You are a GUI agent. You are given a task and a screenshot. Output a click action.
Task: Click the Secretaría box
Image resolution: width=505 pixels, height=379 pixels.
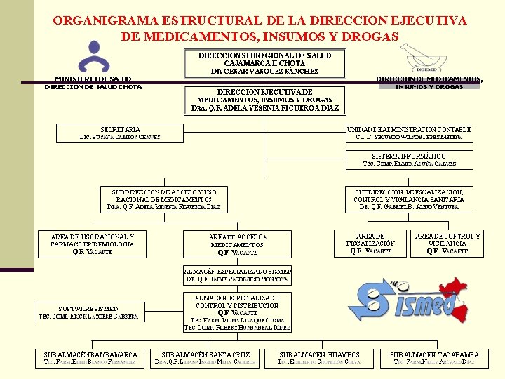[120, 133]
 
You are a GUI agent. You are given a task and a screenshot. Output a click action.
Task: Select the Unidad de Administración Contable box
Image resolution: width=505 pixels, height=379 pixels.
[409, 133]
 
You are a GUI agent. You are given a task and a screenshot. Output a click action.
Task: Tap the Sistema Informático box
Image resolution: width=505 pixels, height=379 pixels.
[409, 159]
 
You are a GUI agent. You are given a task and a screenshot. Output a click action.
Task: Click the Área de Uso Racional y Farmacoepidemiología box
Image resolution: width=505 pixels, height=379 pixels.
[92, 244]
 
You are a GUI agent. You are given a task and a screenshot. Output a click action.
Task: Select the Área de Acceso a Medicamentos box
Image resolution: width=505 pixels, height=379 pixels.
[238, 244]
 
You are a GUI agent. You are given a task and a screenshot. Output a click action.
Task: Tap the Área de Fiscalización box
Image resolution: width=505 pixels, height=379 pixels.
[370, 244]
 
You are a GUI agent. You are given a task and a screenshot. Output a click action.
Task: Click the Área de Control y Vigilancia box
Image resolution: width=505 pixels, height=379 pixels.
[447, 244]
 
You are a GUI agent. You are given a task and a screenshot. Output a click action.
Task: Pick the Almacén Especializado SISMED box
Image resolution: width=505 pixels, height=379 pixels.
[238, 274]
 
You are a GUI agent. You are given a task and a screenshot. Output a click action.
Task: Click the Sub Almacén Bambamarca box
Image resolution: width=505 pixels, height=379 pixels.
[90, 359]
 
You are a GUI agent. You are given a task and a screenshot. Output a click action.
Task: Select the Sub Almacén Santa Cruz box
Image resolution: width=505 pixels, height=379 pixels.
[206, 359]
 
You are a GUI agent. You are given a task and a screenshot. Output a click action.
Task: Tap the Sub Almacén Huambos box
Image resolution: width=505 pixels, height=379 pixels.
[319, 359]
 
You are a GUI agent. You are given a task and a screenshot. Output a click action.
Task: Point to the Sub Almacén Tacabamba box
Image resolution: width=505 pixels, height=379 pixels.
[434, 359]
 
